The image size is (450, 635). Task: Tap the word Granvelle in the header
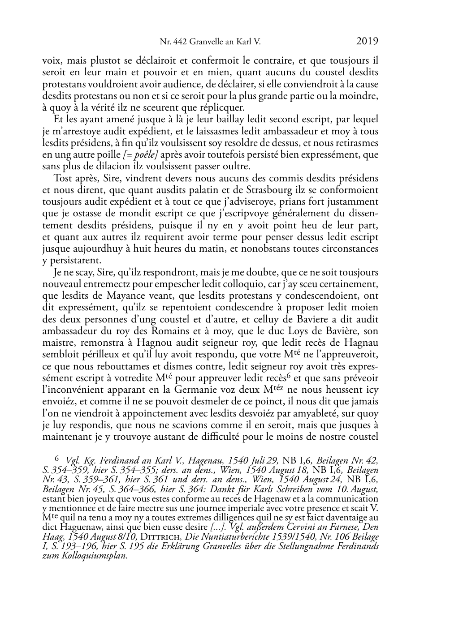205,43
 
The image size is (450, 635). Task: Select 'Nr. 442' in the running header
174,43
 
